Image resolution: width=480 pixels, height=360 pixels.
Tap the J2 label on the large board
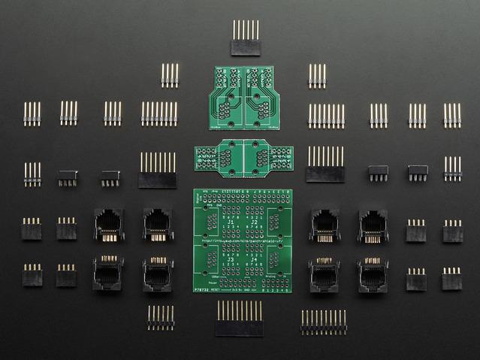pyautogui.click(x=252, y=222)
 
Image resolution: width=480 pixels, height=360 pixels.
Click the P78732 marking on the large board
pyautogui.click(x=202, y=288)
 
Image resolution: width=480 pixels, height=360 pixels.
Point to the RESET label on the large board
pyautogui.click(x=221, y=288)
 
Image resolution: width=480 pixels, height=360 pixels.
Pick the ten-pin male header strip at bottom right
pyautogui.click(x=324, y=322)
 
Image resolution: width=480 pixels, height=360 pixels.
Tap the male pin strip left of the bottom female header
pyautogui.click(x=160, y=318)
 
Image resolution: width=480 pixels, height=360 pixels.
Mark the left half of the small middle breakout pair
pyautogui.click(x=219, y=158)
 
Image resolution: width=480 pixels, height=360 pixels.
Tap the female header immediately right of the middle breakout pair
pyautogui.click(x=325, y=165)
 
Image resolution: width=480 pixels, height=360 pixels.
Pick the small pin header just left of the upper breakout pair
pyautogui.click(x=170, y=75)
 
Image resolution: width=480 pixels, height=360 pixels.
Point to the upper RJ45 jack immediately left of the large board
pyautogui.click(x=158, y=225)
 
